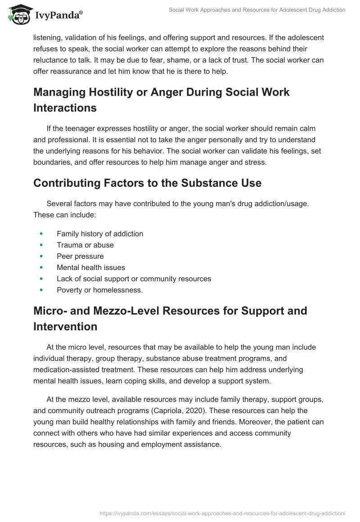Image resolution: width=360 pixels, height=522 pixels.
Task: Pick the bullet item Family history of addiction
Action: [x=100, y=234]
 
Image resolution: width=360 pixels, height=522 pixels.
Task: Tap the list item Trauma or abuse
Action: [x=85, y=245]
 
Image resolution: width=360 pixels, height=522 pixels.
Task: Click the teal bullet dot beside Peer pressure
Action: [x=41, y=256]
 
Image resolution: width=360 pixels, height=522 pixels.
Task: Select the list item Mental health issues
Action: [x=91, y=267]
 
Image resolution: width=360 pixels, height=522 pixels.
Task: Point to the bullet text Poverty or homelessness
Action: [x=99, y=290]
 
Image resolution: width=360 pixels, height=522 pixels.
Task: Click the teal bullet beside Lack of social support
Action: [x=41, y=279]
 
